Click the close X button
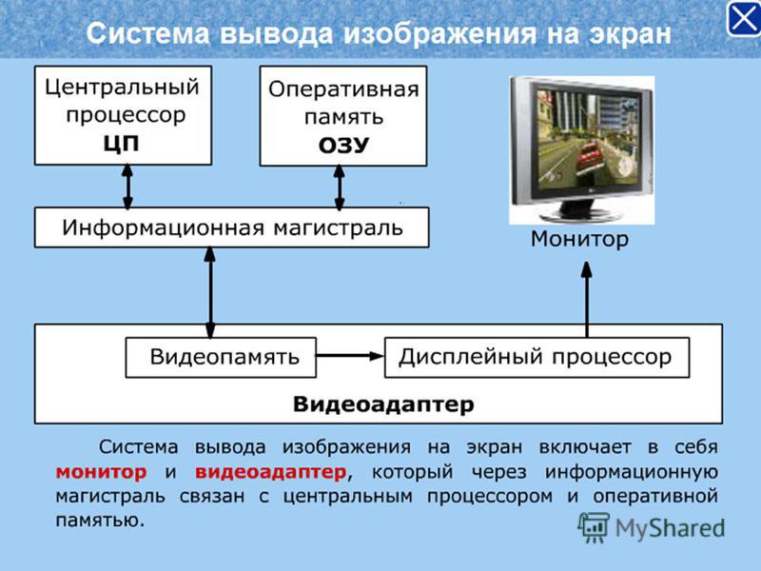[743, 18]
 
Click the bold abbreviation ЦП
[122, 145]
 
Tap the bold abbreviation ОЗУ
[343, 146]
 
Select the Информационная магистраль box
[232, 227]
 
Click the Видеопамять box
[221, 358]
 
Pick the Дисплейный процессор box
[537, 358]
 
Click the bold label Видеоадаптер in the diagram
[383, 404]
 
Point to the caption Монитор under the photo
[579, 239]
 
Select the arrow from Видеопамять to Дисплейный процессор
[350, 356]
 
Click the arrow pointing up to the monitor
[587, 300]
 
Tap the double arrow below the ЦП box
[127, 187]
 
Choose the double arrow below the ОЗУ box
[340, 187]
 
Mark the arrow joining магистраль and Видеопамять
[210, 292]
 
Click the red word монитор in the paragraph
[101, 472]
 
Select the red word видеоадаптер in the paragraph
[271, 472]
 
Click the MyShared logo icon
[594, 527]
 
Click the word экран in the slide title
[631, 34]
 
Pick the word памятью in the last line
[100, 520]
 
